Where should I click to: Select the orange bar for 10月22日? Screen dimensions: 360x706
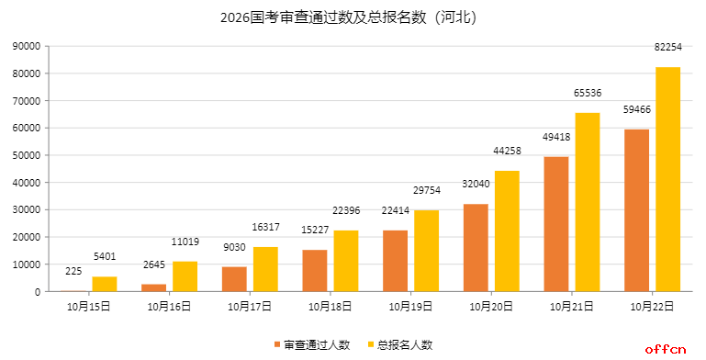click(x=636, y=210)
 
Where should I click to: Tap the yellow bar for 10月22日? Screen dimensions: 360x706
click(x=667, y=179)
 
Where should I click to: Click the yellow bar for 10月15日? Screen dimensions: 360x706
click(x=105, y=284)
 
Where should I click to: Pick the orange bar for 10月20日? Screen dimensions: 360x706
click(x=476, y=247)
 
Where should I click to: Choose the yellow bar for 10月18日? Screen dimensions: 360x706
click(x=346, y=261)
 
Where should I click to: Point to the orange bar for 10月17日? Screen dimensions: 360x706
click(x=234, y=278)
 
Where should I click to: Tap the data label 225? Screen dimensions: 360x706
click(x=73, y=272)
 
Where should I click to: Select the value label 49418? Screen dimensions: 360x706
click(x=556, y=137)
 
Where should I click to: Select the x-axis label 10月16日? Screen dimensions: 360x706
click(x=169, y=306)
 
